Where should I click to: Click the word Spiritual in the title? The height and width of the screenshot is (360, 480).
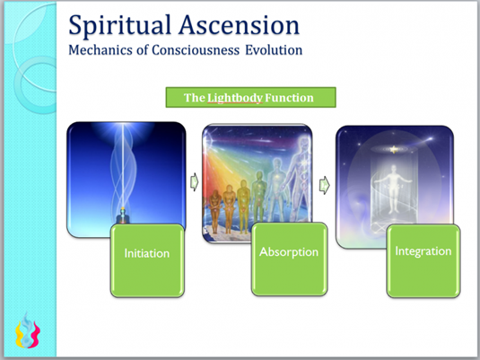(x=119, y=26)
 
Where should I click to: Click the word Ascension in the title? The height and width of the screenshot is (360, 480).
(x=240, y=24)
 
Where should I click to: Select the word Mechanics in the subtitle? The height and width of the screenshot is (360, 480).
(x=100, y=50)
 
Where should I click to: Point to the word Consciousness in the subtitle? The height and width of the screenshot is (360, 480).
(x=196, y=50)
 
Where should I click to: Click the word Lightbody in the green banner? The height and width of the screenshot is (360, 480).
(x=235, y=98)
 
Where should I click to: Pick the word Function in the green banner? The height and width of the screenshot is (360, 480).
(x=289, y=98)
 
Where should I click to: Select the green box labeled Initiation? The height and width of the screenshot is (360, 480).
(x=147, y=260)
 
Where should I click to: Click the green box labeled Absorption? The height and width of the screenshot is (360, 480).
(x=289, y=259)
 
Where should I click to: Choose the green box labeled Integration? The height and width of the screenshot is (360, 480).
(x=423, y=260)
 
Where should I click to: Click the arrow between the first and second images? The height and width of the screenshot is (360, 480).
(x=194, y=182)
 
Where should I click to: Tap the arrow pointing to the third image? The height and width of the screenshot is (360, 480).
(x=324, y=185)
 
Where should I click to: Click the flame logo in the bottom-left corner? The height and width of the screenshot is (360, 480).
(x=28, y=331)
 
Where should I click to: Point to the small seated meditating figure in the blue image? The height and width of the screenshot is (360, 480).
(x=123, y=215)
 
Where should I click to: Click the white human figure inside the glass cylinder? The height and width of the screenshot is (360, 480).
(x=393, y=189)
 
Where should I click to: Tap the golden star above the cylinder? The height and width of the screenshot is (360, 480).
(x=394, y=150)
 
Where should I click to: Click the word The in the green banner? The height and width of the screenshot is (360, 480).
(x=195, y=98)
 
